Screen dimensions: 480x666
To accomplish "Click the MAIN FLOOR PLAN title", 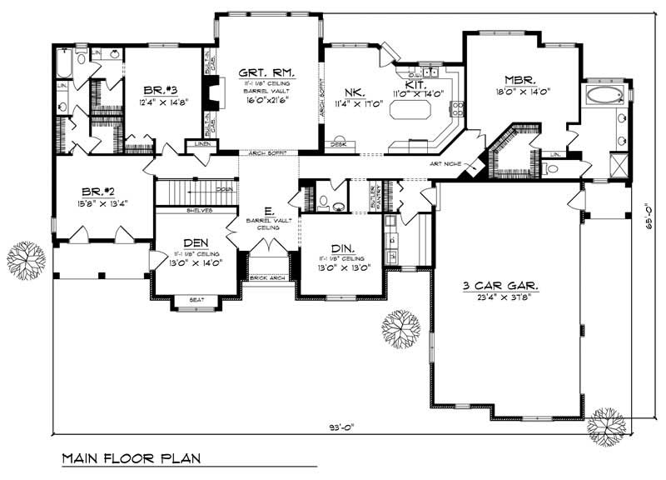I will pos(129,458).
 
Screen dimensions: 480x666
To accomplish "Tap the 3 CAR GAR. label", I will pos(499,285).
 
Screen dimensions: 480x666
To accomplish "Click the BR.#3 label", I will pos(159,90).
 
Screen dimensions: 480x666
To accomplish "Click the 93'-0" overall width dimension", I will pos(339,427).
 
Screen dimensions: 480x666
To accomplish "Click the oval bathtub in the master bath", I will pos(602,95).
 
